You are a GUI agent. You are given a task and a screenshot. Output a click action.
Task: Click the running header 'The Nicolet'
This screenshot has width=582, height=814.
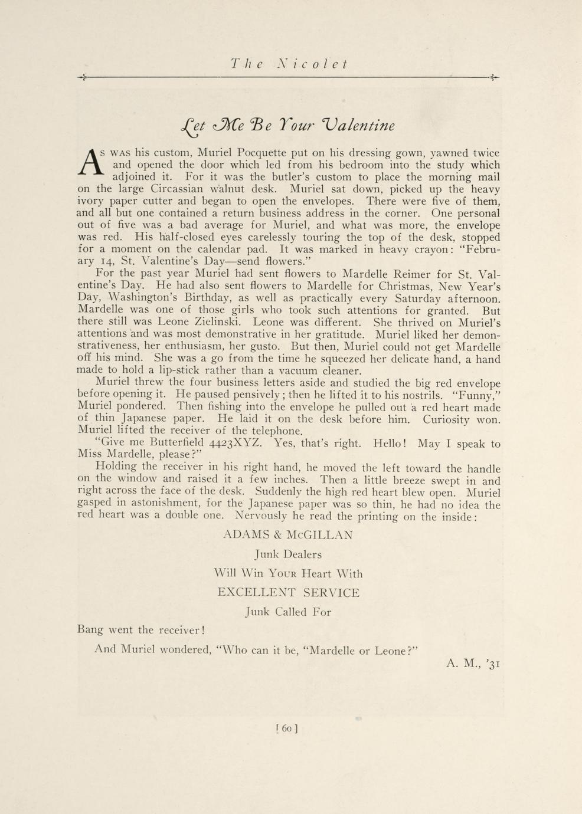(289, 64)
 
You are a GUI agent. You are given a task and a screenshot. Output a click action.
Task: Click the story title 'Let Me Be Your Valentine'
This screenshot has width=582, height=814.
(287, 126)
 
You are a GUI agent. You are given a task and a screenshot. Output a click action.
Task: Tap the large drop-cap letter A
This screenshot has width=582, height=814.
(90, 162)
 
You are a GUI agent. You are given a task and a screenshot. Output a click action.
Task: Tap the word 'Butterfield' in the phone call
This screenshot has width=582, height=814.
(176, 443)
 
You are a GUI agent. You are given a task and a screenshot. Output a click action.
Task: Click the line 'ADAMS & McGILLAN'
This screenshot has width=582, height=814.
(288, 536)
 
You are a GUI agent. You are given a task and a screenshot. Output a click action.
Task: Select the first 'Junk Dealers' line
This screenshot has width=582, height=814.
(288, 554)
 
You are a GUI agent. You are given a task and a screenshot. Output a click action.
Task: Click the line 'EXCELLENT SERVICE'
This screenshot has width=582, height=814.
(288, 593)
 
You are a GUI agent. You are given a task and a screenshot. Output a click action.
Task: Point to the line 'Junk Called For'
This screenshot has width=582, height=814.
(288, 612)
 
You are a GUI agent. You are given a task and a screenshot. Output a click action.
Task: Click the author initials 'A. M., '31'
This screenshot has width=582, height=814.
(473, 664)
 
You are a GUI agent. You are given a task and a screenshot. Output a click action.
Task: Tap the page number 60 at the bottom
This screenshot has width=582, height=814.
(287, 728)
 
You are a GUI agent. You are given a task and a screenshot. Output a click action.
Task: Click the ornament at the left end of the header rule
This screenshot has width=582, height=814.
(82, 77)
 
